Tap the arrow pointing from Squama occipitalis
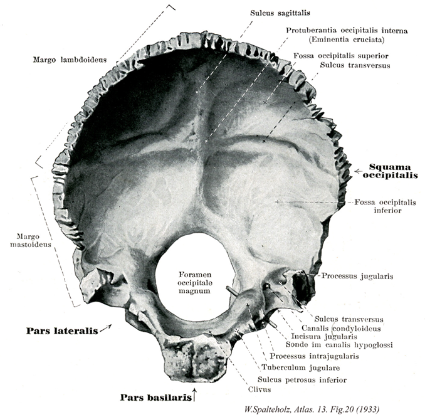coord(359,171)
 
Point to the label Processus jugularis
coord(356,275)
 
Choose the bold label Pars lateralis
coord(61,330)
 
